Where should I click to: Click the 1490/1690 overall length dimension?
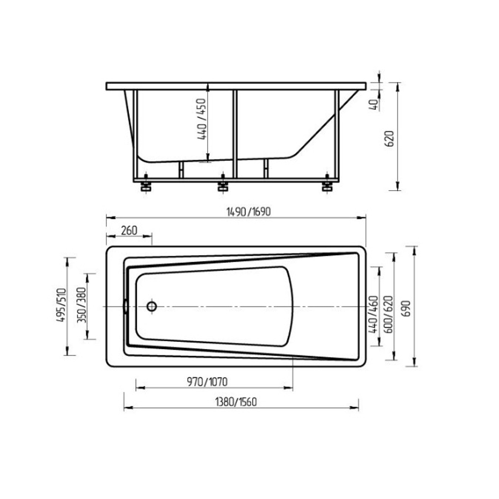click(248, 212)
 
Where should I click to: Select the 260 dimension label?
click(129, 230)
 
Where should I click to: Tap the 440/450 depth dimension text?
click(202, 119)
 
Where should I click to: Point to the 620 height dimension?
click(390, 138)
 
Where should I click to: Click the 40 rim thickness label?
click(374, 105)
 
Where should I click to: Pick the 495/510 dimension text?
click(60, 305)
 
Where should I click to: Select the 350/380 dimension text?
click(82, 305)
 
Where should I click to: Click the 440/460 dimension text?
click(373, 314)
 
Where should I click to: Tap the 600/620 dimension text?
click(389, 314)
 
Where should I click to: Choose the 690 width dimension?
click(407, 308)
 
